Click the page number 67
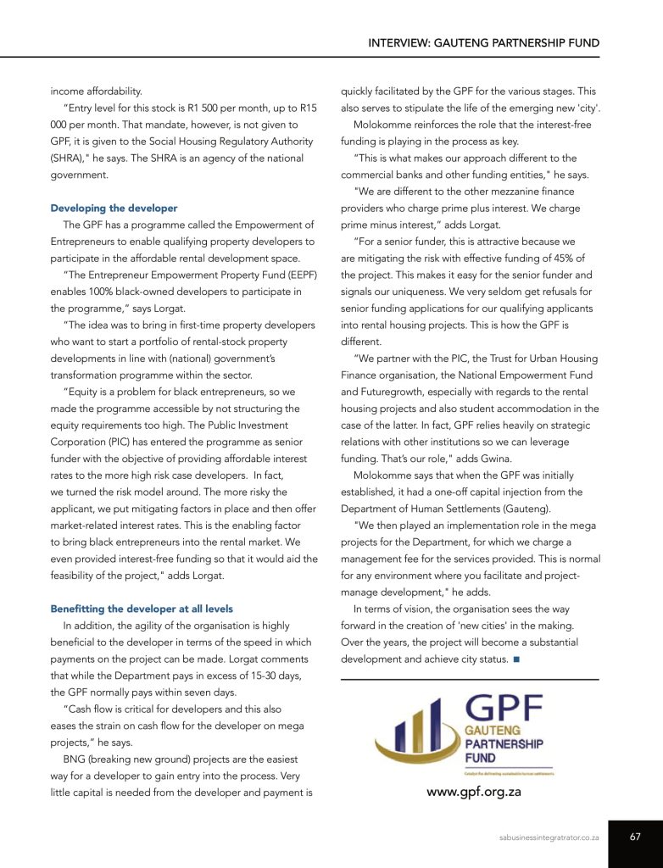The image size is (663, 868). pyautogui.click(x=635, y=837)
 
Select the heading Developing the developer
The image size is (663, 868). pyautogui.click(x=114, y=208)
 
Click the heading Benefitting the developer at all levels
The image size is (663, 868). pyautogui.click(x=142, y=609)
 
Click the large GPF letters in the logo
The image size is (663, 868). pyautogui.click(x=508, y=708)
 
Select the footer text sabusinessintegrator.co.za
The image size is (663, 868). pyautogui.click(x=549, y=837)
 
